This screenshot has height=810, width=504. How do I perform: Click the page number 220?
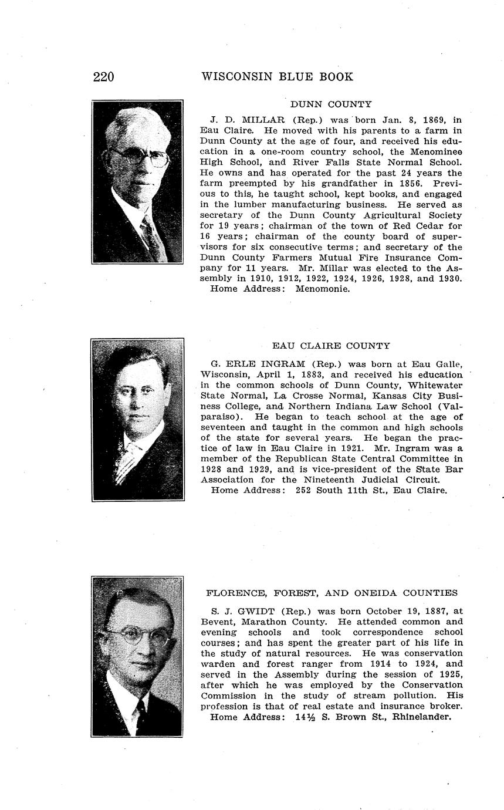[103, 77]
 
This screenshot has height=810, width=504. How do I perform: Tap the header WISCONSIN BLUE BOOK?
[277, 77]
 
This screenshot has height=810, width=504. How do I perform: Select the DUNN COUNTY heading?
[331, 104]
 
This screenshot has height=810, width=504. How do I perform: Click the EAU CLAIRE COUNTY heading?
[331, 346]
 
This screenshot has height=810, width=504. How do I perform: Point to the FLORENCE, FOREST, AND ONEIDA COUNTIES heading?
[332, 593]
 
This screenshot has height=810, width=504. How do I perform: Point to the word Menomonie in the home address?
[323, 289]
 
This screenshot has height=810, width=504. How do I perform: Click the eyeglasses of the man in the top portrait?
[141, 157]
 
